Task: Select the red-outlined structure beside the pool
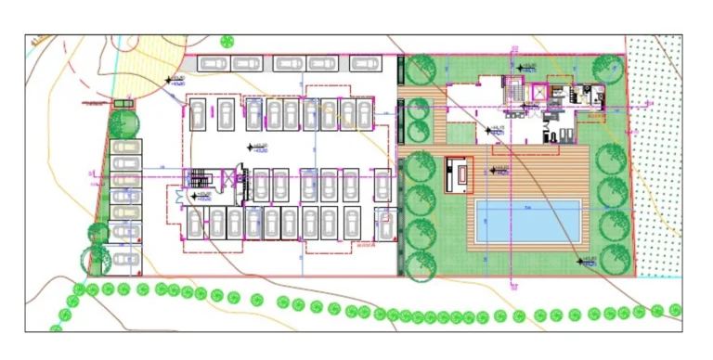coord(459,174)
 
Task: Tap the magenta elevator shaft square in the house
coord(539,92)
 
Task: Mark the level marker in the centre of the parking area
coord(251,147)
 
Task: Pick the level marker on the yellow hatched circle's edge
coord(170,82)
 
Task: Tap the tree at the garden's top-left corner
coord(421,70)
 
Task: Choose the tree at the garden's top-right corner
coord(607,69)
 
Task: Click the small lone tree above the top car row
coord(227,42)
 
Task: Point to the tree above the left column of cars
coord(122,122)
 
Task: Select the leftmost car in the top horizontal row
coord(213,63)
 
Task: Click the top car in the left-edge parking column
coord(125,148)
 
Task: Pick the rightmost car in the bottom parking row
coord(384,225)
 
